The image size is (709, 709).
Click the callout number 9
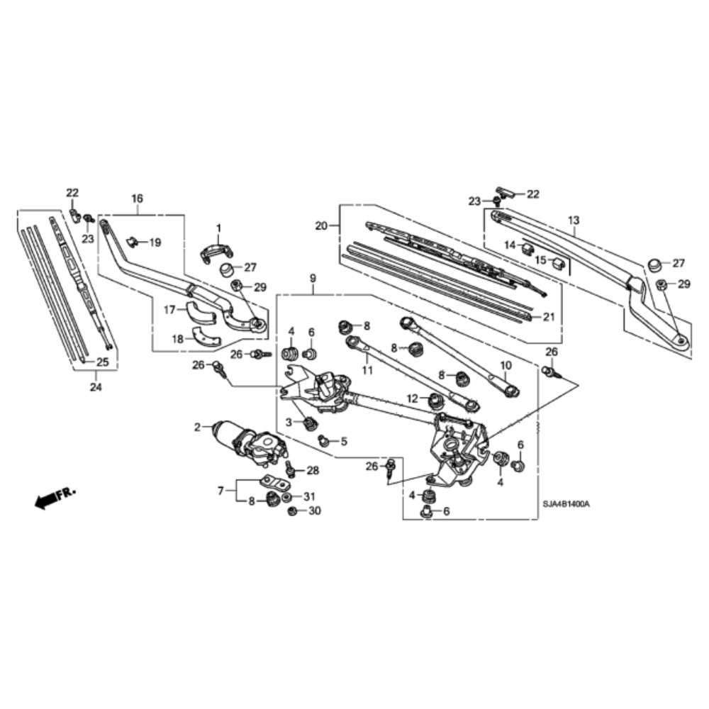coord(313,278)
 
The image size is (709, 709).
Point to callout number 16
coord(137,198)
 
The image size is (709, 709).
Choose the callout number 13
coord(574,220)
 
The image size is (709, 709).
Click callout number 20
coord(321,225)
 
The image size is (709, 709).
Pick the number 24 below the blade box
coord(96,387)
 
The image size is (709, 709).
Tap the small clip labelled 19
coord(130,242)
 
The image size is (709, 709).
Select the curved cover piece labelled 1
coord(216,252)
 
